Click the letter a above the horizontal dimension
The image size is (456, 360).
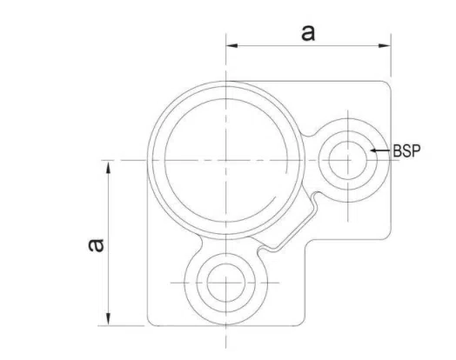[306, 32]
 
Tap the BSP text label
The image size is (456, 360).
[406, 150]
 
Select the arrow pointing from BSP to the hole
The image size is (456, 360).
[379, 150]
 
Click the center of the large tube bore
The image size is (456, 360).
[225, 160]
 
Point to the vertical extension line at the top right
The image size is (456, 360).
[389, 61]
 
